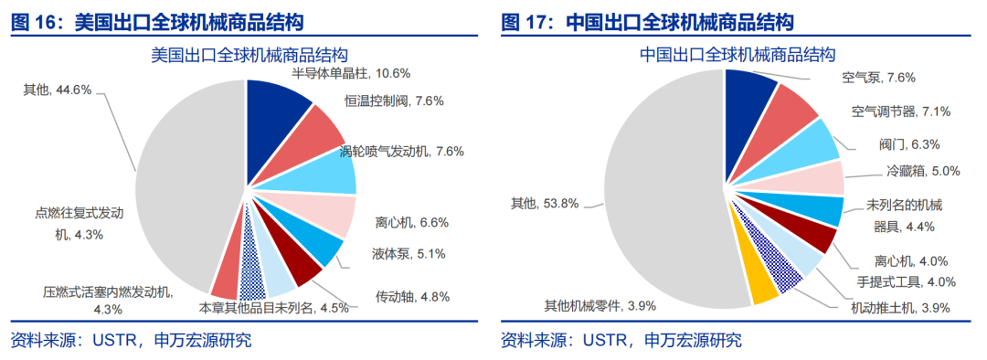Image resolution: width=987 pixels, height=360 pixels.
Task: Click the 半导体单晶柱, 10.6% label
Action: (x=351, y=73)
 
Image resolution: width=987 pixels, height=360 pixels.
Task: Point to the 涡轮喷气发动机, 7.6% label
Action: (x=401, y=151)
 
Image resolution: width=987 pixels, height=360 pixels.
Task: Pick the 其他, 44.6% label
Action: (x=57, y=90)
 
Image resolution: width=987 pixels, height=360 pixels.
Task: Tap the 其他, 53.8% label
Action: (x=545, y=204)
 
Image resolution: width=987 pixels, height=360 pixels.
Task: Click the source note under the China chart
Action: (x=621, y=341)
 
